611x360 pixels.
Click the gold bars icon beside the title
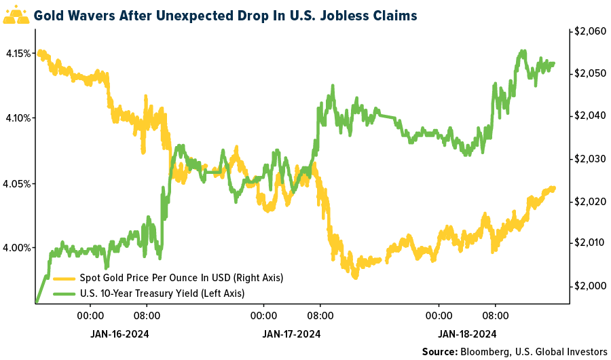click(16, 14)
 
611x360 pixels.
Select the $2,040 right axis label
click(589, 116)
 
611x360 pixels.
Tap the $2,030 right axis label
click(589, 159)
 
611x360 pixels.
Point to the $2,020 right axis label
click(589, 202)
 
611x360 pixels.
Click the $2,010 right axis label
click(589, 243)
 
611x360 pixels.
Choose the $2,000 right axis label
click(589, 286)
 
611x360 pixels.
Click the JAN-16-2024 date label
click(119, 334)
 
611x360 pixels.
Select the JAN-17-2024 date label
click(292, 334)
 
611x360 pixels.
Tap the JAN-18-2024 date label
click(467, 334)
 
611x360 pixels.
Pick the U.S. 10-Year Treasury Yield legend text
click(162, 293)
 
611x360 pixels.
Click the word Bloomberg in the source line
click(485, 352)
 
